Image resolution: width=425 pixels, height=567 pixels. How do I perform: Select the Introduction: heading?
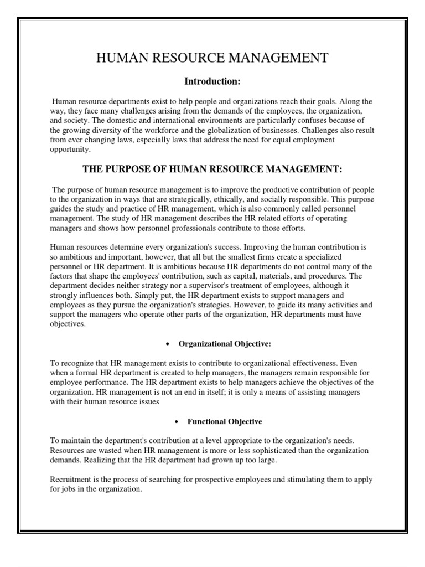click(212, 81)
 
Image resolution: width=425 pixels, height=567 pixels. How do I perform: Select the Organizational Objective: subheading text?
click(224, 344)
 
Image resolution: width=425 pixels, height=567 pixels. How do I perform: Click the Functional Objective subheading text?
click(225, 422)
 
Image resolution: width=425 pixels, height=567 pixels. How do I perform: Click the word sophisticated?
click(295, 450)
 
